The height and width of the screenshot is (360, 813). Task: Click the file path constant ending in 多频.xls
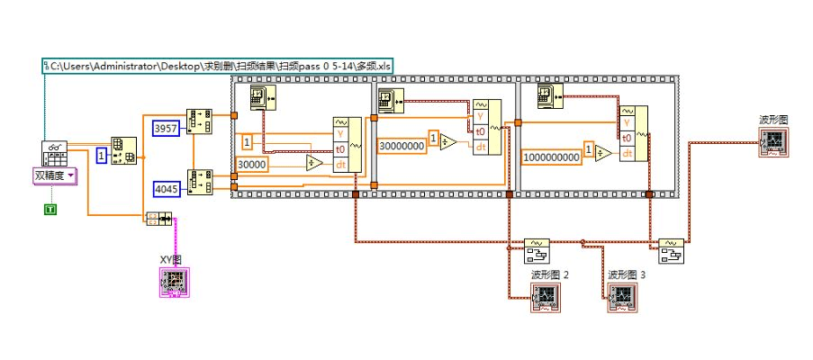[217, 65]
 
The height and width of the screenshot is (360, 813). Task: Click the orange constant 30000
[252, 164]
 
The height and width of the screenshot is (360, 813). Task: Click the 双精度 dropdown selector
[55, 175]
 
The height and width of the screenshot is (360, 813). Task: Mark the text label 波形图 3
[627, 274]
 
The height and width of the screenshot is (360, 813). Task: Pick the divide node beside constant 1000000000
[603, 154]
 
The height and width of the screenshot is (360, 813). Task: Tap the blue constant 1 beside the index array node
[101, 157]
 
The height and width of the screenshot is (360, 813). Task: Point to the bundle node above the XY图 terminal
[158, 219]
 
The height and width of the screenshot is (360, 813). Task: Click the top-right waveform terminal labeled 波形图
[772, 142]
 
